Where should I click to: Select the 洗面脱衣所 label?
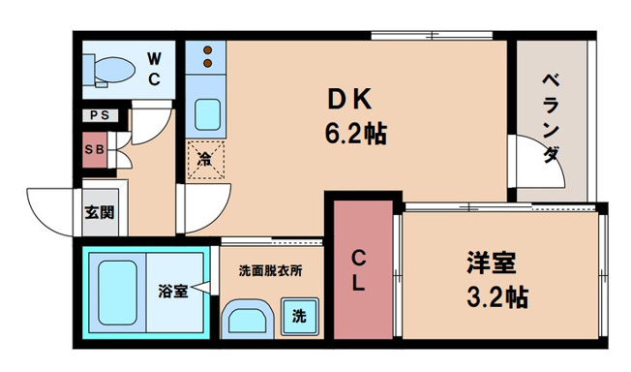(270, 270)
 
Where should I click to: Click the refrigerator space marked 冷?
(205, 158)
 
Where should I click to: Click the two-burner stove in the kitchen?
(206, 58)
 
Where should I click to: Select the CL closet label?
(357, 270)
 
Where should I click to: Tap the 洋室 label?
(491, 263)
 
